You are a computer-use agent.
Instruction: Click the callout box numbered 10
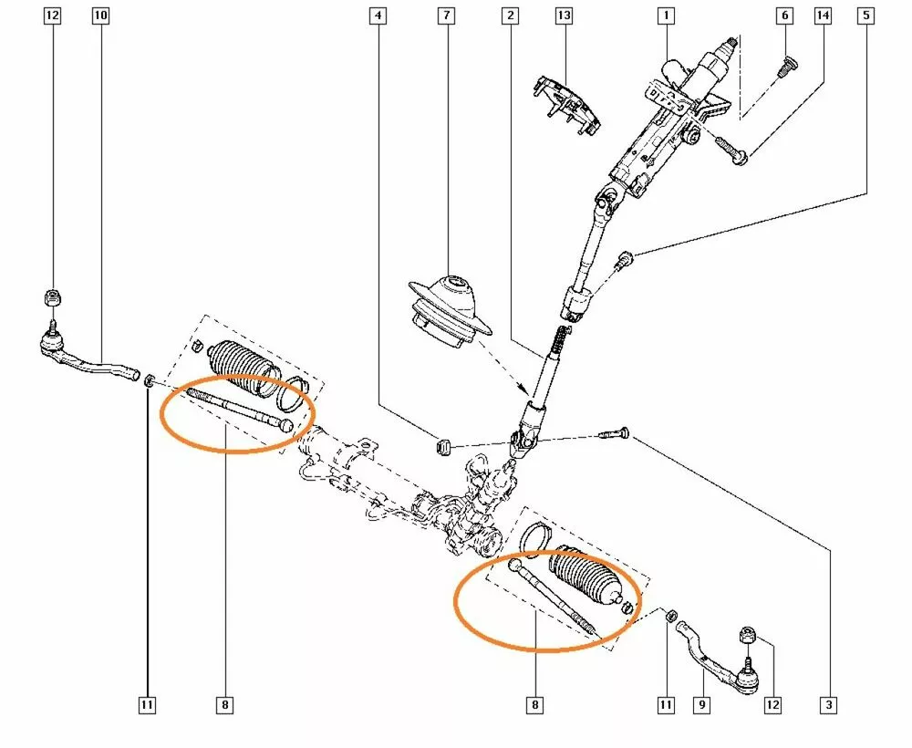tap(100, 16)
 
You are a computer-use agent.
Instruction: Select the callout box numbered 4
tap(377, 16)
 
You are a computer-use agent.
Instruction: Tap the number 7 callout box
tap(445, 16)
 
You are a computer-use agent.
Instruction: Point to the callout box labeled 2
tap(510, 16)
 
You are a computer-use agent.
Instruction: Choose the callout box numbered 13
tap(565, 16)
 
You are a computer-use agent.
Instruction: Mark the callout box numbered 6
tap(782, 16)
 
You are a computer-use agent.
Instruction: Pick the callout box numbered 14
tap(824, 16)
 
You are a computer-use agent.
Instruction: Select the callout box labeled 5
tap(866, 16)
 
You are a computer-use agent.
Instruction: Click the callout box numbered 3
tap(828, 703)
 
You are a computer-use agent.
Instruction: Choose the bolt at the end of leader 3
tap(616, 435)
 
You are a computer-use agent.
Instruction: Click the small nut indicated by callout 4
tap(446, 446)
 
